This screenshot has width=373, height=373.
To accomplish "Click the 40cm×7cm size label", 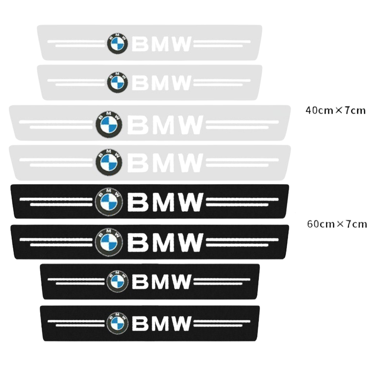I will (335, 110).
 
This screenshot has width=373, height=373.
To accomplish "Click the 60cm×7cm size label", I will (337, 224).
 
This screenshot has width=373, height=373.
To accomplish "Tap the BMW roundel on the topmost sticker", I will (117, 43).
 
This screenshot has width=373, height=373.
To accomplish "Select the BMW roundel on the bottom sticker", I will (117, 323).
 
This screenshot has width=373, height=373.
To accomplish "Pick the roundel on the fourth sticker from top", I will (109, 162).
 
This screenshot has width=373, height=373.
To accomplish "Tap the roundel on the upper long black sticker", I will (109, 202).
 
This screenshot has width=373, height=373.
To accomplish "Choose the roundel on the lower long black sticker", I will (109, 242).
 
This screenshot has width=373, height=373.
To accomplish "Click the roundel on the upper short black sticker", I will (117, 281).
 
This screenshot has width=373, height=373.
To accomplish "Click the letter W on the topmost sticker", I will (182, 44).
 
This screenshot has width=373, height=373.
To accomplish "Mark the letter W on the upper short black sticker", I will (182, 282).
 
